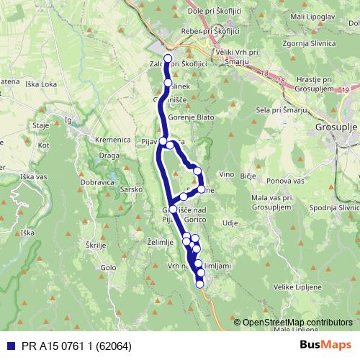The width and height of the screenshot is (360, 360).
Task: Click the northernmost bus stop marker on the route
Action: coord(168,58)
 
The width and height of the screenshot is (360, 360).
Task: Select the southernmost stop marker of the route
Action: coord(201,284)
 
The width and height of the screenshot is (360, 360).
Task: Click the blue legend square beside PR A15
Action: coord(7,344)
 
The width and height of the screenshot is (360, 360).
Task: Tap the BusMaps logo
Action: coord(326,344)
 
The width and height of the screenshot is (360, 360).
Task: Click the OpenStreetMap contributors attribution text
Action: coord(298,322)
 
